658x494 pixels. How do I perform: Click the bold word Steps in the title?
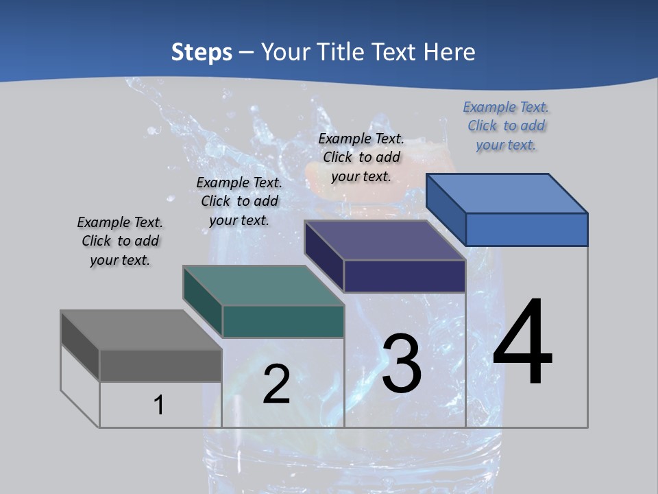coord(202,52)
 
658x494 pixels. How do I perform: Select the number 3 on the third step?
coord(402,364)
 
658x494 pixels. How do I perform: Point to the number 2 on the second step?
coord(276,385)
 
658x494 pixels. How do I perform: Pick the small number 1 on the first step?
coord(159,405)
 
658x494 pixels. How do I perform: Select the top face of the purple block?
coord(385,240)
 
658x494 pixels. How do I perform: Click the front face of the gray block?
coord(160,366)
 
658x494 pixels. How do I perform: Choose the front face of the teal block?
coord(283,321)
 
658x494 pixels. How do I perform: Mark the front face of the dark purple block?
coord(404,277)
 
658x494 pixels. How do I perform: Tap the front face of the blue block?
coord(526,229)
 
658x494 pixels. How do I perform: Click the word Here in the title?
coord(450,52)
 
